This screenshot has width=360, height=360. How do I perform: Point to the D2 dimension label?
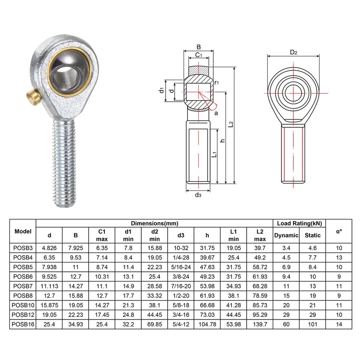293,52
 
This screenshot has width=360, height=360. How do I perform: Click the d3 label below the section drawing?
198,195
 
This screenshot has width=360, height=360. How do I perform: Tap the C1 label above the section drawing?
198,55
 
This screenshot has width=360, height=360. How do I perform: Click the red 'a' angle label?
216,113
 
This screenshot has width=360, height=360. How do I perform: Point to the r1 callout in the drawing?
216,82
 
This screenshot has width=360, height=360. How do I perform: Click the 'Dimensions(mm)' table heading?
154,223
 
